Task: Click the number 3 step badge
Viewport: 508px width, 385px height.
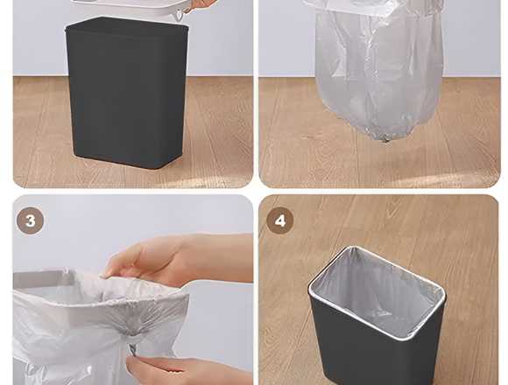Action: tap(30, 220)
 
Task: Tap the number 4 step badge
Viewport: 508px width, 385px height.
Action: tap(280, 220)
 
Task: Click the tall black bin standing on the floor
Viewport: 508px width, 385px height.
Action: tap(127, 93)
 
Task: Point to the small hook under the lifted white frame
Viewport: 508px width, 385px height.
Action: tap(180, 16)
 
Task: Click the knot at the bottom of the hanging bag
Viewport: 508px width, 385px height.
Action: tap(384, 138)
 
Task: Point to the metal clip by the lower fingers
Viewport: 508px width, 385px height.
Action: tap(133, 350)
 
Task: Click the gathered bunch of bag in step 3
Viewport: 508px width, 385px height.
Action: tap(133, 326)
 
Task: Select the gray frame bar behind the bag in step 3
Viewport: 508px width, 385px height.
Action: tap(42, 277)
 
